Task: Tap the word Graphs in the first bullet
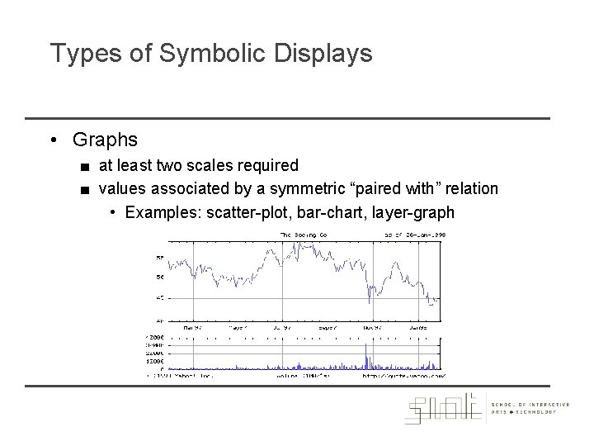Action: [x=105, y=140]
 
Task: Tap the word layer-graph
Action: [x=413, y=213]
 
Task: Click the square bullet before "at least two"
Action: [x=85, y=167]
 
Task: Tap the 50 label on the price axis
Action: [x=160, y=277]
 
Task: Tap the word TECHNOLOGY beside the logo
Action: [x=537, y=412]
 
